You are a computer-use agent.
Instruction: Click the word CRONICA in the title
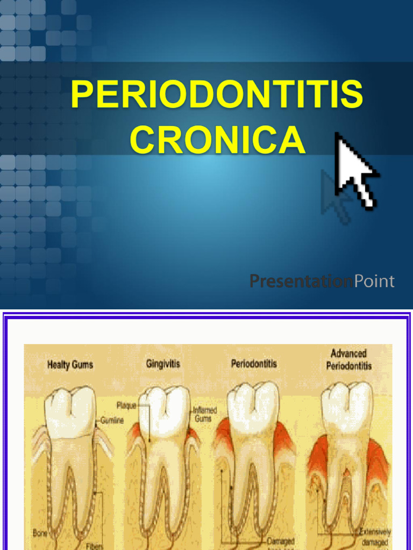point(217,139)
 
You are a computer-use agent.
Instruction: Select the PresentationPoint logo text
point(322,281)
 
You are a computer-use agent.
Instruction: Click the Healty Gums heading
point(70,365)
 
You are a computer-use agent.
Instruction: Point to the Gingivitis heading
point(163,364)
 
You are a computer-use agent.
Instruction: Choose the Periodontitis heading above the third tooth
point(254,364)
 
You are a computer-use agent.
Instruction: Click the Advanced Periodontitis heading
point(348,360)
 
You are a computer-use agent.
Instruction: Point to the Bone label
point(40,533)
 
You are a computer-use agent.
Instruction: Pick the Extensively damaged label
point(374,537)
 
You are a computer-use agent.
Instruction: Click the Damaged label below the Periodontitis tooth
point(280,542)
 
